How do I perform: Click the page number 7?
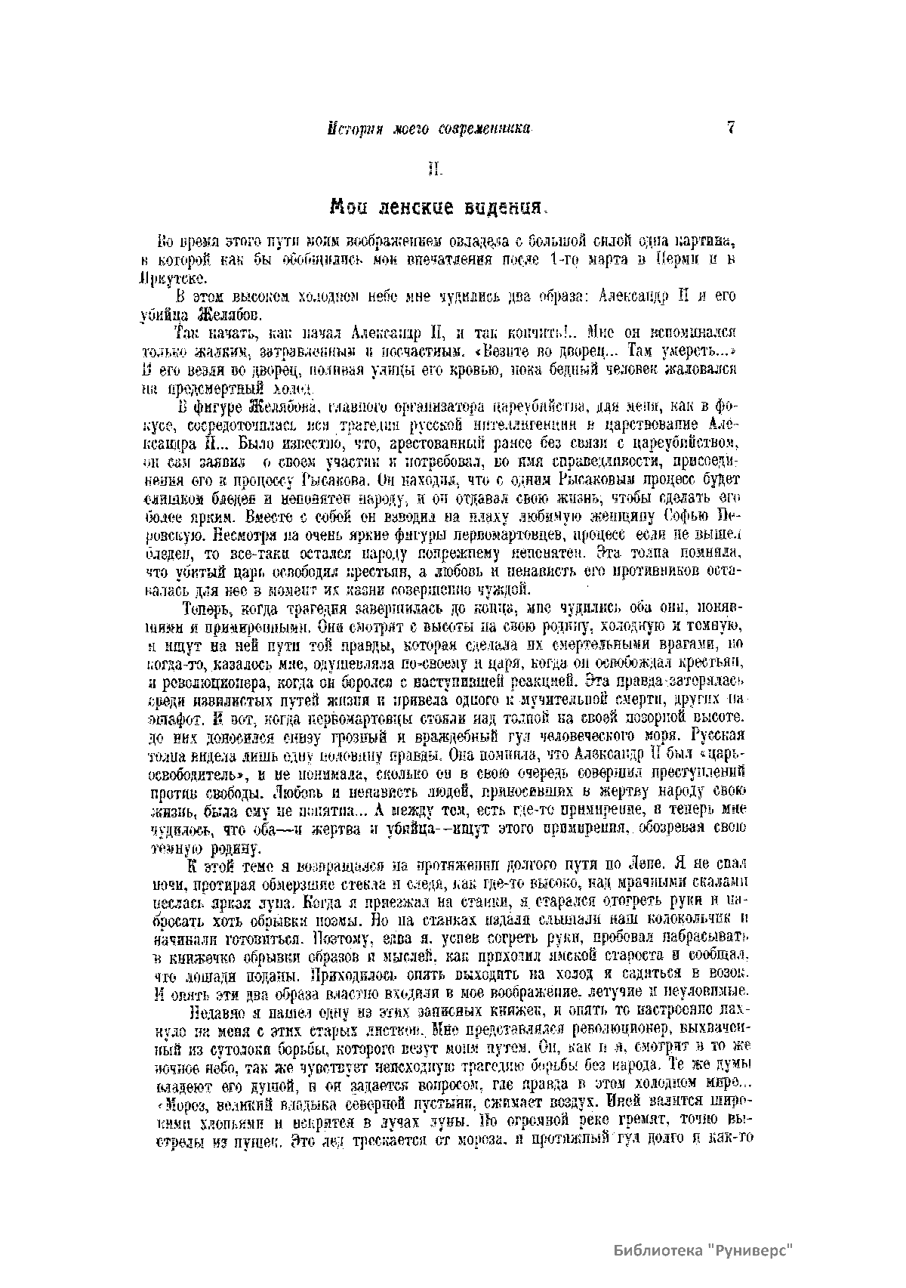click(x=730, y=128)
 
